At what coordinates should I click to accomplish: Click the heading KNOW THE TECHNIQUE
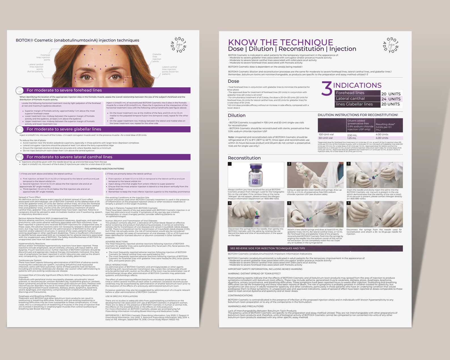pyautogui.click(x=281, y=42)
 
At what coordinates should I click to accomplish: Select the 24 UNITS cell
pyautogui.click(x=391, y=99)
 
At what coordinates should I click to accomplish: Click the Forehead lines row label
pyautogui.click(x=350, y=93)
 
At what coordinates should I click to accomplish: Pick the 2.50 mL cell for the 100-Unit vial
pyautogui.click(x=352, y=135)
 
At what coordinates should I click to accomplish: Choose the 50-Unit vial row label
pyautogui.click(x=326, y=138)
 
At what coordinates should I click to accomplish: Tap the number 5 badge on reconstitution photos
pyautogui.click(x=289, y=203)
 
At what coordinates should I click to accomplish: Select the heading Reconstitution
pyautogui.click(x=244, y=158)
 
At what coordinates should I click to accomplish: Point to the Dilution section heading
pyautogui.click(x=236, y=115)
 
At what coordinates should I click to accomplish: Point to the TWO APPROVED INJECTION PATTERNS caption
pyautogui.click(x=104, y=169)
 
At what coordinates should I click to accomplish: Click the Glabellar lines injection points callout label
pyautogui.click(x=157, y=58)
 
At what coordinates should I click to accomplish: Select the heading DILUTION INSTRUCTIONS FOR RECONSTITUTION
pyautogui.click(x=358, y=115)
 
